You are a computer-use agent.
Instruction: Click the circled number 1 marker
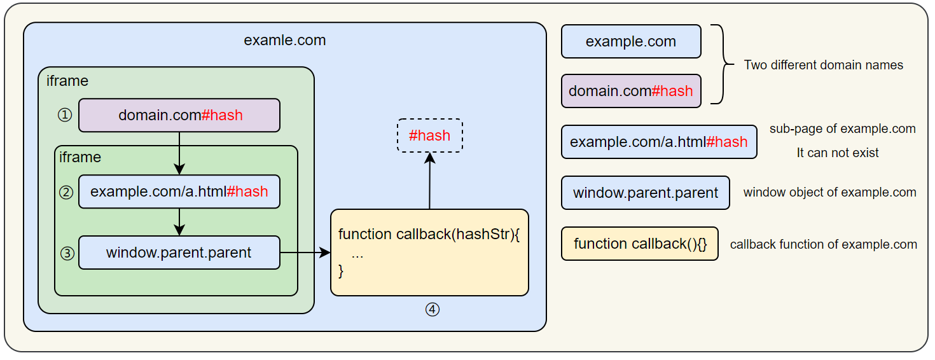coord(65,115)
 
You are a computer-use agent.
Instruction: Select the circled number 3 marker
coord(67,253)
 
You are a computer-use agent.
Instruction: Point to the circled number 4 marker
coord(432,310)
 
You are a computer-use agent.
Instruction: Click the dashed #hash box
coord(429,135)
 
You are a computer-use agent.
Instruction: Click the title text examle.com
coord(284,41)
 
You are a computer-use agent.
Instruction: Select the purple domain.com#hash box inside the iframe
coord(179,115)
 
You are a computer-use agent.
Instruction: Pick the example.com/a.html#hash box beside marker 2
coord(179,191)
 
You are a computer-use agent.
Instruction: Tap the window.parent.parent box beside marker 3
coord(179,253)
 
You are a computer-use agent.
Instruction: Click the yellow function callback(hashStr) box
coord(429,253)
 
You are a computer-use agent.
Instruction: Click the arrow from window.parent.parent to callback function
coord(305,253)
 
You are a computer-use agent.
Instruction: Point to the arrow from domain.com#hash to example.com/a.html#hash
coord(179,153)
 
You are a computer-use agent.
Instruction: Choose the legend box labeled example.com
coord(630,42)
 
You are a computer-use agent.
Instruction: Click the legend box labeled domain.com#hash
coord(630,91)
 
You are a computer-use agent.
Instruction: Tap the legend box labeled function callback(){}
coord(639,244)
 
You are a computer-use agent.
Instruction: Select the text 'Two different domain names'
coord(823,65)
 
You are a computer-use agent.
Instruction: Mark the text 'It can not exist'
coord(837,153)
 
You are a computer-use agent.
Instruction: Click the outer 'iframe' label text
coord(67,81)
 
